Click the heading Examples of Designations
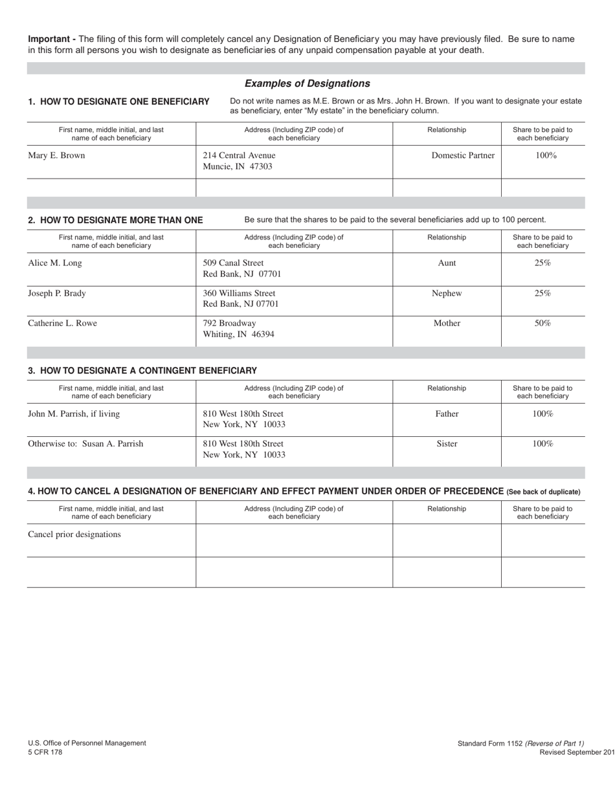307,83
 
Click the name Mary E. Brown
56,155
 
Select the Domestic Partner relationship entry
463,155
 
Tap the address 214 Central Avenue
239,155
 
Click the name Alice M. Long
55,263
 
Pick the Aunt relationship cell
447,263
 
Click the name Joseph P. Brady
57,293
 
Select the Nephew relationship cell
447,293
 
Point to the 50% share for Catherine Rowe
542,323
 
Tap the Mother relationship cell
447,323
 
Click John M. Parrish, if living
74,414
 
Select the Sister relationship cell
447,444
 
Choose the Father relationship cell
447,414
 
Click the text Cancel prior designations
74,535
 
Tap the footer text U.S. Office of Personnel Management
87,743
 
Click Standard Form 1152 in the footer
489,744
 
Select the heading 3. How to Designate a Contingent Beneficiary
142,371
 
